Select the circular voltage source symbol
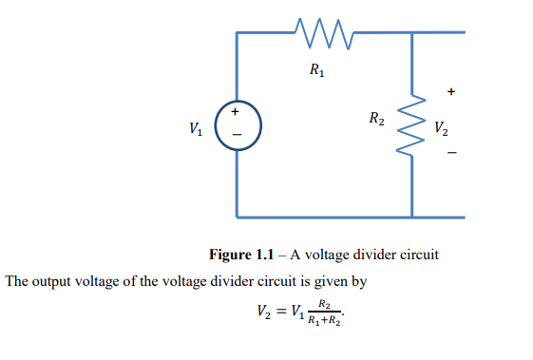234,124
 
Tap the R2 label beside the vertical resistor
377,120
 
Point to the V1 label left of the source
195,127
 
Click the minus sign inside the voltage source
235,139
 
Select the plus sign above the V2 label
451,93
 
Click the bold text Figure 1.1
241,256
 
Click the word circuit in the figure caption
415,256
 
